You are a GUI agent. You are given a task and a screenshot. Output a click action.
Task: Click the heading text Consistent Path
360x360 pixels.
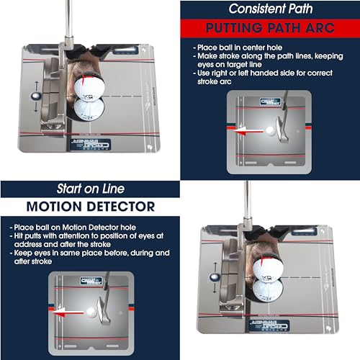click(271, 9)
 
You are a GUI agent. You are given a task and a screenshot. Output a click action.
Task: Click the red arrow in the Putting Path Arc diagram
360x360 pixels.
click(247, 131)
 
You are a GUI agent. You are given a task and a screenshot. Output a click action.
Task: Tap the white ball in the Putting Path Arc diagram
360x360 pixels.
click(269, 131)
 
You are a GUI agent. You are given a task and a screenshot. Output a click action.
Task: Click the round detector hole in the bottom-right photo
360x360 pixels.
click(214, 274)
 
